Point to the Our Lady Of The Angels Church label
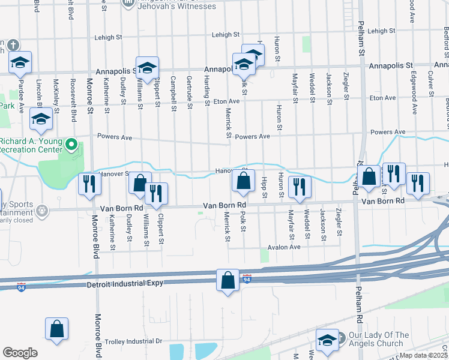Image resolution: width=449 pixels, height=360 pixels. pos(379,340)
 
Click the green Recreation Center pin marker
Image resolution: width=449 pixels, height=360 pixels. pos(71,145)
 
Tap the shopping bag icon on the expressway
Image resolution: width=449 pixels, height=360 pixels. pos(228,280)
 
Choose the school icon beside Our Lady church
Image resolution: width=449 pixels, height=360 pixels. pos(327,340)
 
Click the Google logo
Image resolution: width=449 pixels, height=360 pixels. pos(20,353)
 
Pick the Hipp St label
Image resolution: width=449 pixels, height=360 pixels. pos(264,187)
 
